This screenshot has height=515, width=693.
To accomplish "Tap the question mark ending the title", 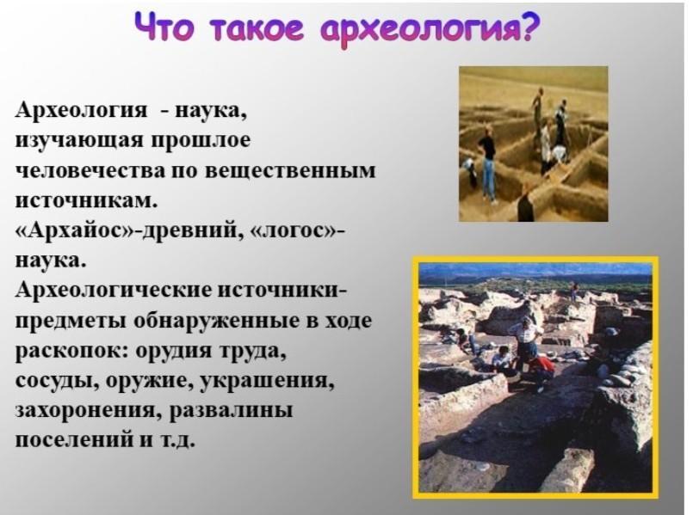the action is click(531, 27).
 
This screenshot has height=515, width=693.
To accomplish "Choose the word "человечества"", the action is click(90, 170).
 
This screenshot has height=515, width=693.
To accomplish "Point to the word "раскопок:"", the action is click(71, 353).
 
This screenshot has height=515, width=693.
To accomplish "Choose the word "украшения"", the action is click(268, 381).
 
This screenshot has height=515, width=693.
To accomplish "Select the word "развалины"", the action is click(232, 411).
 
